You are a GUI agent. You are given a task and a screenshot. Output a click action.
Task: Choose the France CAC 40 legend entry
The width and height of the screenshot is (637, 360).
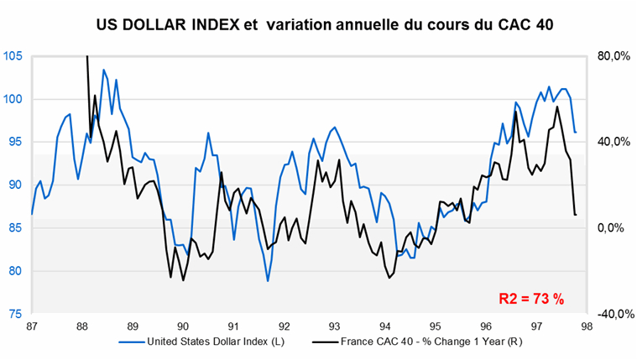pos(415,342)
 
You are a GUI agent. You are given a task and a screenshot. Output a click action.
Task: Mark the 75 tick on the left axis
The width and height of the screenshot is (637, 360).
pos(14,313)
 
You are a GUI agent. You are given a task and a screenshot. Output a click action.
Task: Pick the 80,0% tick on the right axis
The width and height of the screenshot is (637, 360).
pos(613,56)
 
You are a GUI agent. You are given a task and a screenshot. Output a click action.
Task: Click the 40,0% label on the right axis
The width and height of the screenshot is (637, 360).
pos(613,142)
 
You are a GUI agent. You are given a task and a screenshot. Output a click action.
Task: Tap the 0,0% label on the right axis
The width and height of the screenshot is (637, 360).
pos(614,227)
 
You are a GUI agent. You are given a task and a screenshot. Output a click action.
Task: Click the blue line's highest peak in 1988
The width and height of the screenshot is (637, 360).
pos(103,70)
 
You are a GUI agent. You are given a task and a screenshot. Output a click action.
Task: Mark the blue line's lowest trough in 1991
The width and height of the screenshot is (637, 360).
pos(268,280)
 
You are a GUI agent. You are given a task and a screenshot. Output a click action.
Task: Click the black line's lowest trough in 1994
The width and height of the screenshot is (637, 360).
pos(389,278)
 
